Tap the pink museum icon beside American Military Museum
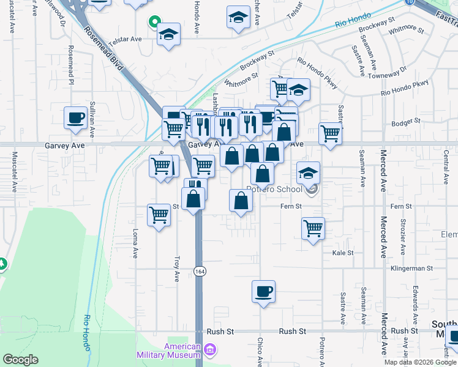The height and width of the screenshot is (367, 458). tap(210, 350)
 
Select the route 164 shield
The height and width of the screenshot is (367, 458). tap(199, 270)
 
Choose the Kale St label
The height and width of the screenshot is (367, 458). tap(343, 253)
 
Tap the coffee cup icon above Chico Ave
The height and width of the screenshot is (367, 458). tap(263, 291)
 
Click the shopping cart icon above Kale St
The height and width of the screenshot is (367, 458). tap(313, 228)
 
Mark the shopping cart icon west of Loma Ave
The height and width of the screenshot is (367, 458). tap(159, 214)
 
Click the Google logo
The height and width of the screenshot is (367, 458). tap(20, 360)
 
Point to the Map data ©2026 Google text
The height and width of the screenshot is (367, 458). tap(419, 362)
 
